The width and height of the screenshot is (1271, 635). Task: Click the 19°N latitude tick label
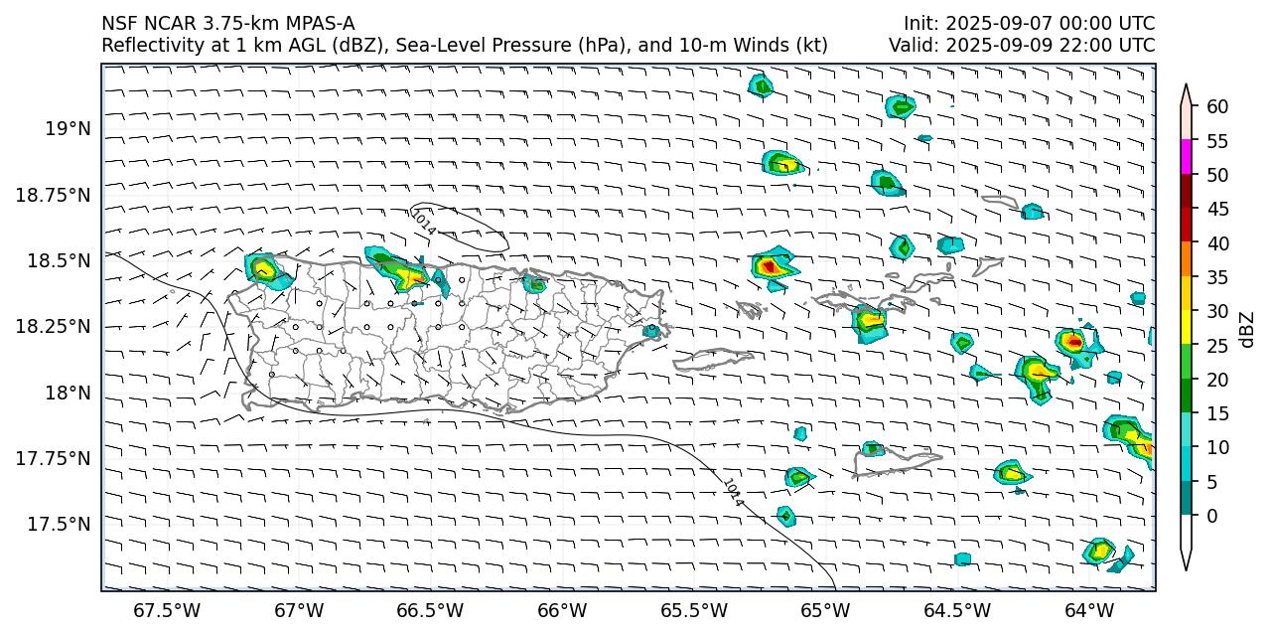68,129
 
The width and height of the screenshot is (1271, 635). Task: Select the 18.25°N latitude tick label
54,326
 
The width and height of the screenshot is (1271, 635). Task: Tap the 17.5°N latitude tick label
61,524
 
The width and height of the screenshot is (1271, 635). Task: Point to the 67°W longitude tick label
299,609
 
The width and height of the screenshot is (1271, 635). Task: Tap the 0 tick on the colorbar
1211,516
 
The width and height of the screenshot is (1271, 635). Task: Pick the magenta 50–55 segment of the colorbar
1186,158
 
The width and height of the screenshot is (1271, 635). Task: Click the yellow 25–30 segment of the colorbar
1186,328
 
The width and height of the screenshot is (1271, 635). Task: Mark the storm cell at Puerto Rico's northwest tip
264,269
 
